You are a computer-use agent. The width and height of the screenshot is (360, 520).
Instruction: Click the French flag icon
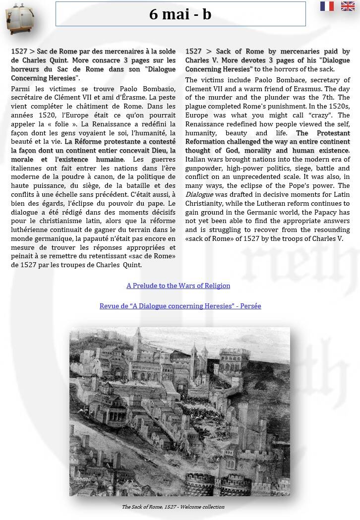coord(327,6)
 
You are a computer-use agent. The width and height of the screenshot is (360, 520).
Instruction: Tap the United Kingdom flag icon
coord(348,6)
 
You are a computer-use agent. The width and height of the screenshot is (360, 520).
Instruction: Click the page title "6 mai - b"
coord(180,14)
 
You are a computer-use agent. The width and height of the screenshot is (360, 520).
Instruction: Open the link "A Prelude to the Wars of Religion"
coord(178,286)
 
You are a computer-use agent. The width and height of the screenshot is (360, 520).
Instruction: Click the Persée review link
coord(180,306)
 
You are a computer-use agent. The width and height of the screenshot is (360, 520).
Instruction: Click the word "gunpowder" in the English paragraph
coord(203,168)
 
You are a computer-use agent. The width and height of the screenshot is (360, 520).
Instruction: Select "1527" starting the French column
coord(19,51)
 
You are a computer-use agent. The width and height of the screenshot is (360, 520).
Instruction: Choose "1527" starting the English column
coord(194,51)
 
